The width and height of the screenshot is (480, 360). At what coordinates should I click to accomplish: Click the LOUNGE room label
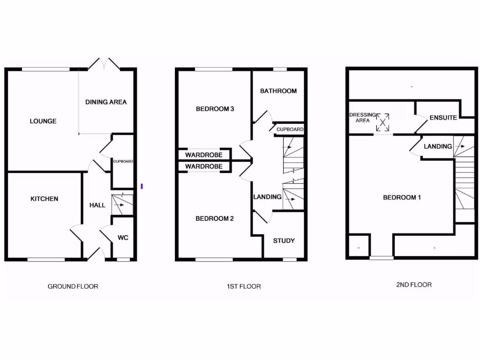pyautogui.click(x=43, y=121)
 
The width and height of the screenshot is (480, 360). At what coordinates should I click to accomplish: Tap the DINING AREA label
pyautogui.click(x=106, y=102)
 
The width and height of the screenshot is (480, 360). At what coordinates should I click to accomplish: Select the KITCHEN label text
pyautogui.click(x=45, y=199)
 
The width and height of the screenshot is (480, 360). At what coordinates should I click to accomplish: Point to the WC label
pyautogui.click(x=123, y=238)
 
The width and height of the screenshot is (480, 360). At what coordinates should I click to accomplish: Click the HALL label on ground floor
pyautogui.click(x=97, y=205)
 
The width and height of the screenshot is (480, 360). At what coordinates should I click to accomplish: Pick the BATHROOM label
pyautogui.click(x=278, y=91)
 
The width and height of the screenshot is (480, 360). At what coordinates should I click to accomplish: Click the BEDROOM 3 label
pyautogui.click(x=215, y=109)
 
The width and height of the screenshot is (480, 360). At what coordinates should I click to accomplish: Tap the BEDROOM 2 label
pyautogui.click(x=215, y=218)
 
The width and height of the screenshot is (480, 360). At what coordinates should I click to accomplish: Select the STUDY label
pyautogui.click(x=284, y=240)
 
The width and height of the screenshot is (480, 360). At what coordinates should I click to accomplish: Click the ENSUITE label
pyautogui.click(x=443, y=118)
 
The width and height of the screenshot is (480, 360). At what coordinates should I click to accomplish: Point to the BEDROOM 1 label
pyautogui.click(x=402, y=197)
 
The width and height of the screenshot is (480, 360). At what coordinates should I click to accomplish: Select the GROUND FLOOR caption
pyautogui.click(x=73, y=286)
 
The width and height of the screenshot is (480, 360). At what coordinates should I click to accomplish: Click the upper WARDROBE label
pyautogui.click(x=203, y=155)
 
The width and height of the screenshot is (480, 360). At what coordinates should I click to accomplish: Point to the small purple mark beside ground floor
pyautogui.click(x=142, y=187)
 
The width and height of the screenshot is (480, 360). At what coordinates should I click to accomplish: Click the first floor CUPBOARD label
pyautogui.click(x=290, y=129)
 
